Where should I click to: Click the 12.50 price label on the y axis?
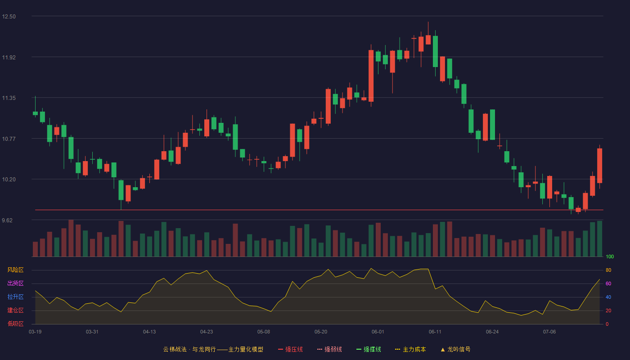[9, 17]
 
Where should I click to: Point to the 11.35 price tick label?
[9, 98]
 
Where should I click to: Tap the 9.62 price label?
[7, 220]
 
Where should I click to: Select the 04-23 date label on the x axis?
[207, 332]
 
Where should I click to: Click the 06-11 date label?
[435, 332]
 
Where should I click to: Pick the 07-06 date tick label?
[549, 332]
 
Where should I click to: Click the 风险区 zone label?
[15, 270]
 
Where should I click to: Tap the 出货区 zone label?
[15, 283]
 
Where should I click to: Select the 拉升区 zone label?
[15, 297]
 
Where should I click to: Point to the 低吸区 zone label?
[15, 324]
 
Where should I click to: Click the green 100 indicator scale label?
[610, 256]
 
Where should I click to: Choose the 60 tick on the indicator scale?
[608, 283]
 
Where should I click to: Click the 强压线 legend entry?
[291, 349]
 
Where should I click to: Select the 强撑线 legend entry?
[369, 349]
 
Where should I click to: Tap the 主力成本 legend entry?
[410, 349]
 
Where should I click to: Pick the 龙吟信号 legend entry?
[455, 349]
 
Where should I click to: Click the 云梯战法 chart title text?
[175, 349]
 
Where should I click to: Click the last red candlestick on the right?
[599, 166]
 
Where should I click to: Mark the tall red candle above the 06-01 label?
[371, 76]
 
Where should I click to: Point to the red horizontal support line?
[319, 210]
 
